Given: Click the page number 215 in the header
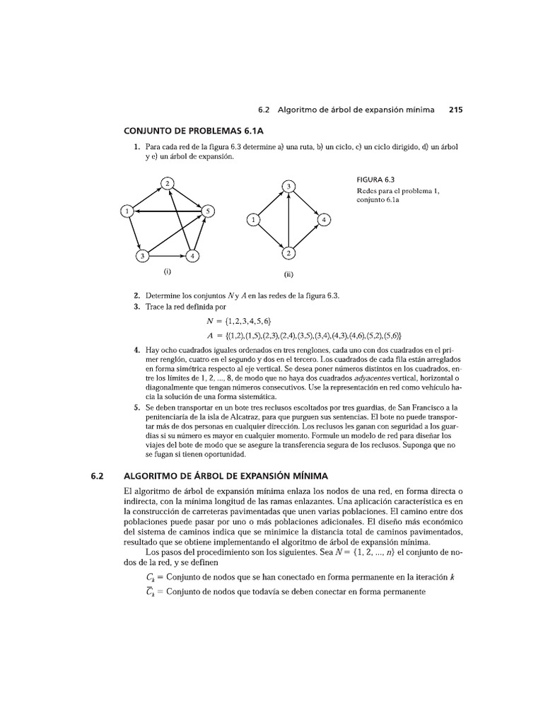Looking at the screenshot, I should [455, 110].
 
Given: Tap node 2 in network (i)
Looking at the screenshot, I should [168, 183].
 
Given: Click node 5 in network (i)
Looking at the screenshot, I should [208, 211].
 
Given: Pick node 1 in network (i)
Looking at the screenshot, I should [126, 211].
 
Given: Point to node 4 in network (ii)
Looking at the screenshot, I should [324, 219].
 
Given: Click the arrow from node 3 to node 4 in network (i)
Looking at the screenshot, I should [167, 255].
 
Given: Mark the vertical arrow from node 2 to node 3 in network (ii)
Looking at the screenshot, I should [288, 219].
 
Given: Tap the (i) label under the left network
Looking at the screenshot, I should [168, 271].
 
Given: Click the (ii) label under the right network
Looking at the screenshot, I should [288, 276].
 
